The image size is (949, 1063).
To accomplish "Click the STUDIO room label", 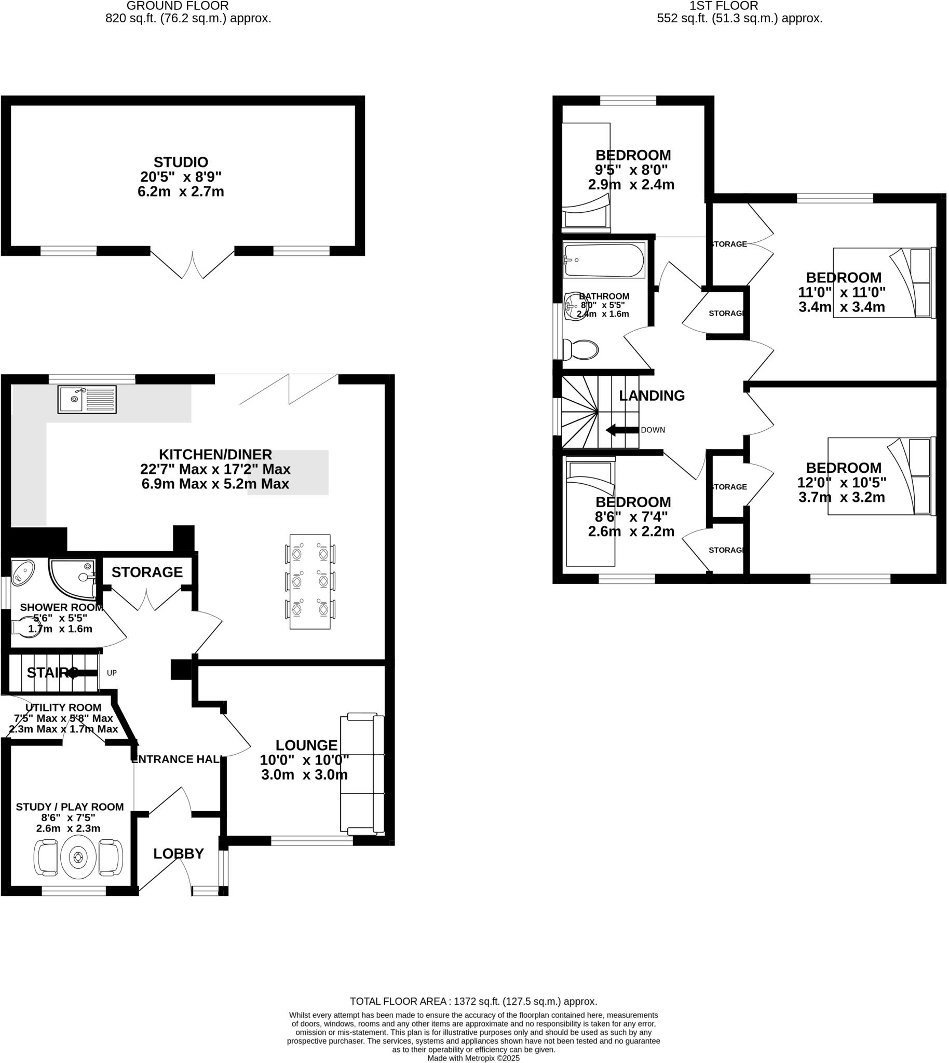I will tap(181, 162).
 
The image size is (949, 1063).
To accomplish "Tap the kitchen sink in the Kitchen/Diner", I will tap(87, 399).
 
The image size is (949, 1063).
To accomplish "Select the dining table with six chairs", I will tap(310, 581).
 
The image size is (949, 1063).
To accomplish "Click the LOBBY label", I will tap(179, 853).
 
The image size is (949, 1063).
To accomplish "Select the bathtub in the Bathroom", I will tap(604, 261).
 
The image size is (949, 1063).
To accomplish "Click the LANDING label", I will tap(651, 396).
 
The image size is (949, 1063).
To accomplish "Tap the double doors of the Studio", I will tap(192, 265).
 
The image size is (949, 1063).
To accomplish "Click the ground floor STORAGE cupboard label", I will tap(147, 572).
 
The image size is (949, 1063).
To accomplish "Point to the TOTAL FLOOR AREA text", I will tap(473, 1001).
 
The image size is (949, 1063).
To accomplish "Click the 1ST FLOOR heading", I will tap(723, 6).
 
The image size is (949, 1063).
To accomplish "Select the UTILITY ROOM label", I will tap(64, 707).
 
